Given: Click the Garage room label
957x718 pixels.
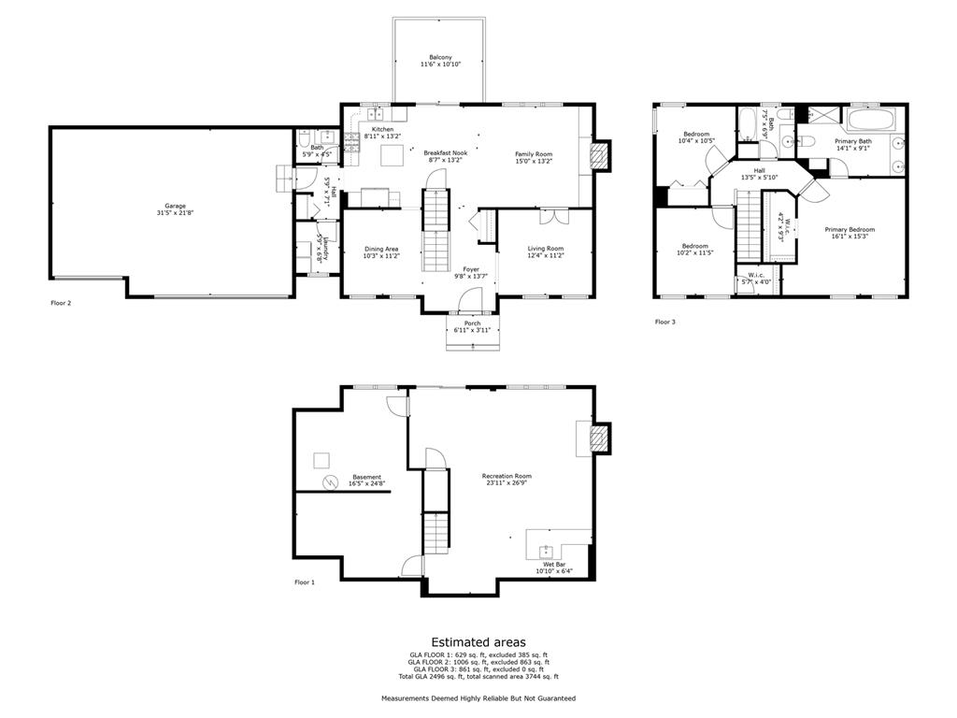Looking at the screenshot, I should (176, 206).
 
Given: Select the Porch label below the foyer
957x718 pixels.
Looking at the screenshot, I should (472, 323).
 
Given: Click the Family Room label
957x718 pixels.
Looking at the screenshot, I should (534, 153).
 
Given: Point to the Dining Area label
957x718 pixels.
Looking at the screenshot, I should (381, 249).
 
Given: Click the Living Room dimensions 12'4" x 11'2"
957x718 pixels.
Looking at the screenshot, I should (545, 255).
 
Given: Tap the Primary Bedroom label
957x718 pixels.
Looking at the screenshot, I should (850, 229).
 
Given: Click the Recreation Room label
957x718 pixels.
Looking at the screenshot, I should (507, 476).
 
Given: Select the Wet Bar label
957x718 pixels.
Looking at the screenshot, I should (553, 564).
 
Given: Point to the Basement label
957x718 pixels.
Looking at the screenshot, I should (366, 477).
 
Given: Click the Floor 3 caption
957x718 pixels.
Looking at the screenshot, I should (664, 322).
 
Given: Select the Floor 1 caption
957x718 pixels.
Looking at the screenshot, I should (305, 582).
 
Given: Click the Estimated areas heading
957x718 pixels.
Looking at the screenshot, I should (478, 642).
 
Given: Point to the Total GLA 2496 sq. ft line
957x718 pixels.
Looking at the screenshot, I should (478, 676).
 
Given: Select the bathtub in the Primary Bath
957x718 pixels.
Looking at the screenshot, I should (871, 121).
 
